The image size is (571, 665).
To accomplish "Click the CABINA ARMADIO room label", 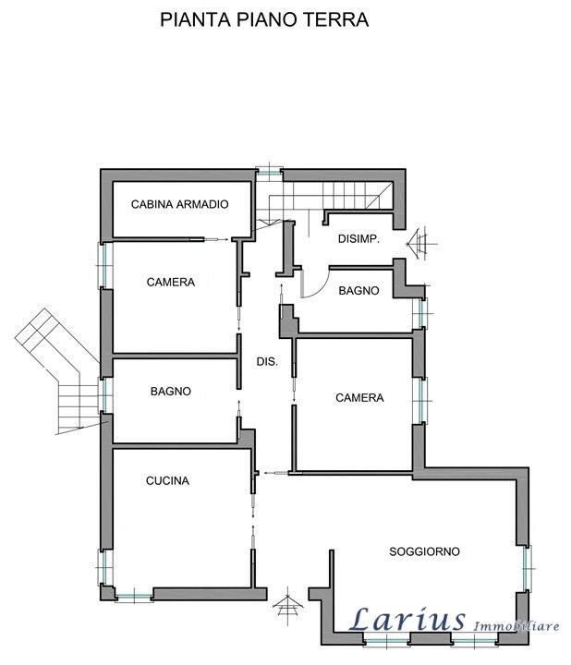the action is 179,204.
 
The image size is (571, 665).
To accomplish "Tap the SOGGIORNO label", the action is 424,551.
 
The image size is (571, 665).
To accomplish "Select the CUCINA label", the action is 167,480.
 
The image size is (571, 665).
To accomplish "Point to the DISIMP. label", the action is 358,239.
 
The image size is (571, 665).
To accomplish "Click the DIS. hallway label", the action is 267,362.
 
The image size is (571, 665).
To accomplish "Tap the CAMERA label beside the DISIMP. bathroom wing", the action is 359,398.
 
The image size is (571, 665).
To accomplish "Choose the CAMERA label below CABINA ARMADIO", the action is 171,282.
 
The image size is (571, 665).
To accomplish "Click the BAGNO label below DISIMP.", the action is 358,291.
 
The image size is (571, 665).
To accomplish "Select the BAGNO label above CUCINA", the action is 171,391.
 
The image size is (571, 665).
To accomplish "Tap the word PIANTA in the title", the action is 196,20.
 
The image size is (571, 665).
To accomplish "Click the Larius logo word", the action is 407,619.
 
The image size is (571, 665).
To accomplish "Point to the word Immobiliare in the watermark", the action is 516,626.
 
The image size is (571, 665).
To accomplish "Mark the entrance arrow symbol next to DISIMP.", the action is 421,244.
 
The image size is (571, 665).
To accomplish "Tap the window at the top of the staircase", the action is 269,172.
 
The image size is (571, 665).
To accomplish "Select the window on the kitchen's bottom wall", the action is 134,598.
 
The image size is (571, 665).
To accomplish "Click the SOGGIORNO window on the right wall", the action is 527,568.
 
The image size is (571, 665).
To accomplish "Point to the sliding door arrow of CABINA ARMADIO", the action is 216,239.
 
